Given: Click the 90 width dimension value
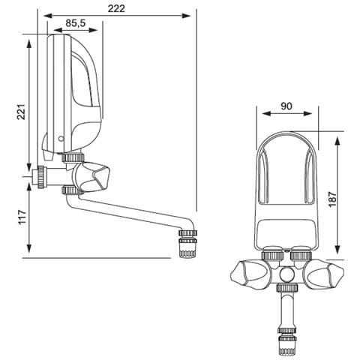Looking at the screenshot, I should pyautogui.click(x=286, y=107).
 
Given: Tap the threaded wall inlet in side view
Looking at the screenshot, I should pyautogui.click(x=40, y=178).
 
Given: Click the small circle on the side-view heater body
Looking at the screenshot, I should pyautogui.click(x=61, y=139).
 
